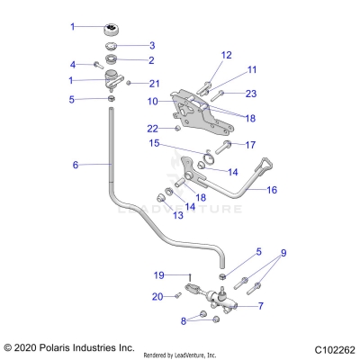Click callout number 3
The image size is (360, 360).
[152, 45]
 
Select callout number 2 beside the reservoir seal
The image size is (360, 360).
[152, 60]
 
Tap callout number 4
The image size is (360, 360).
[74, 64]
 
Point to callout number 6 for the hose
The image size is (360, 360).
[76, 165]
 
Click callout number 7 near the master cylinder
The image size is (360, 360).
[260, 306]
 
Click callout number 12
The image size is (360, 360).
[226, 55]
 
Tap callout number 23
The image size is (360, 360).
[251, 93]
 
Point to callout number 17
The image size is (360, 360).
[251, 144]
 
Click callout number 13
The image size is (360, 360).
[151, 215]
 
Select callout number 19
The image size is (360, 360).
[158, 275]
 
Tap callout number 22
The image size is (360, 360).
[153, 128]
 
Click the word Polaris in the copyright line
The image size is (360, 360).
[54, 346]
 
